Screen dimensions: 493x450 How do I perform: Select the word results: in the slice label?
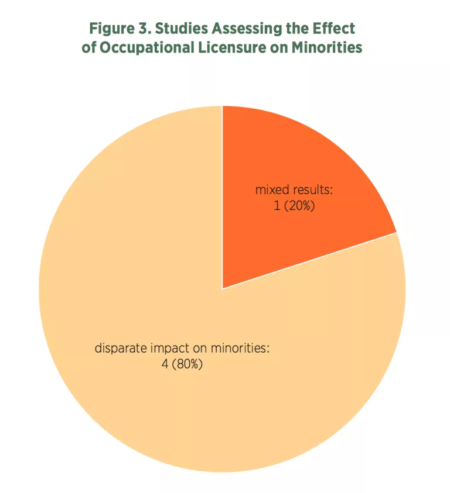(314, 190)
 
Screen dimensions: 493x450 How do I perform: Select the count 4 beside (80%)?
(165, 364)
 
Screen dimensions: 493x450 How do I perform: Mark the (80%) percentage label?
(188, 364)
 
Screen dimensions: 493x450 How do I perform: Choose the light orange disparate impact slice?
(176, 263)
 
